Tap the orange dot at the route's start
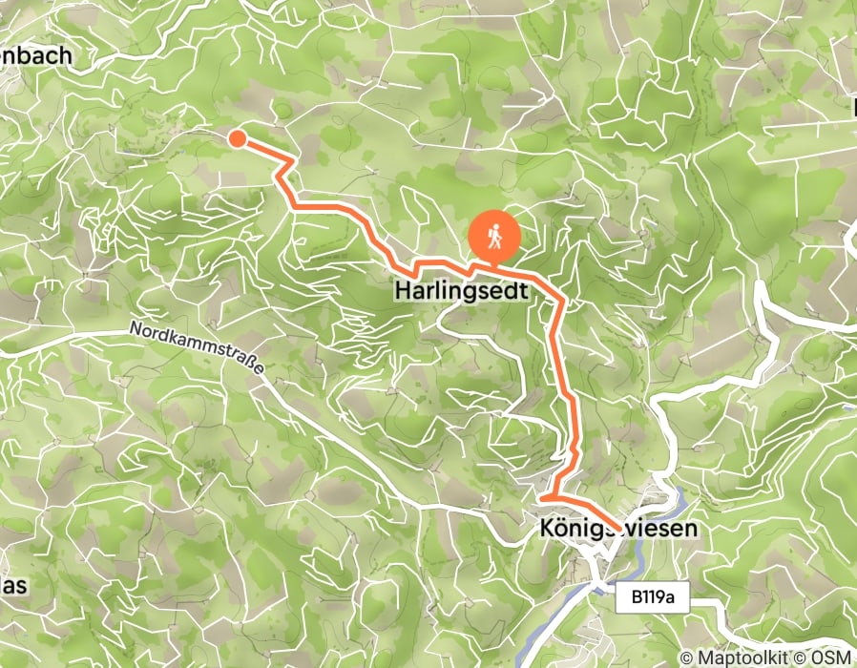click(237, 140)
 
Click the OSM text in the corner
click(834, 658)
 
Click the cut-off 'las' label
click(12, 586)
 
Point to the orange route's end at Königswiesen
click(619, 528)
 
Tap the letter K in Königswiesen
click(546, 528)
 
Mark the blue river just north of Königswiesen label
click(679, 500)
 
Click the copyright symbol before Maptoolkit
click(687, 658)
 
